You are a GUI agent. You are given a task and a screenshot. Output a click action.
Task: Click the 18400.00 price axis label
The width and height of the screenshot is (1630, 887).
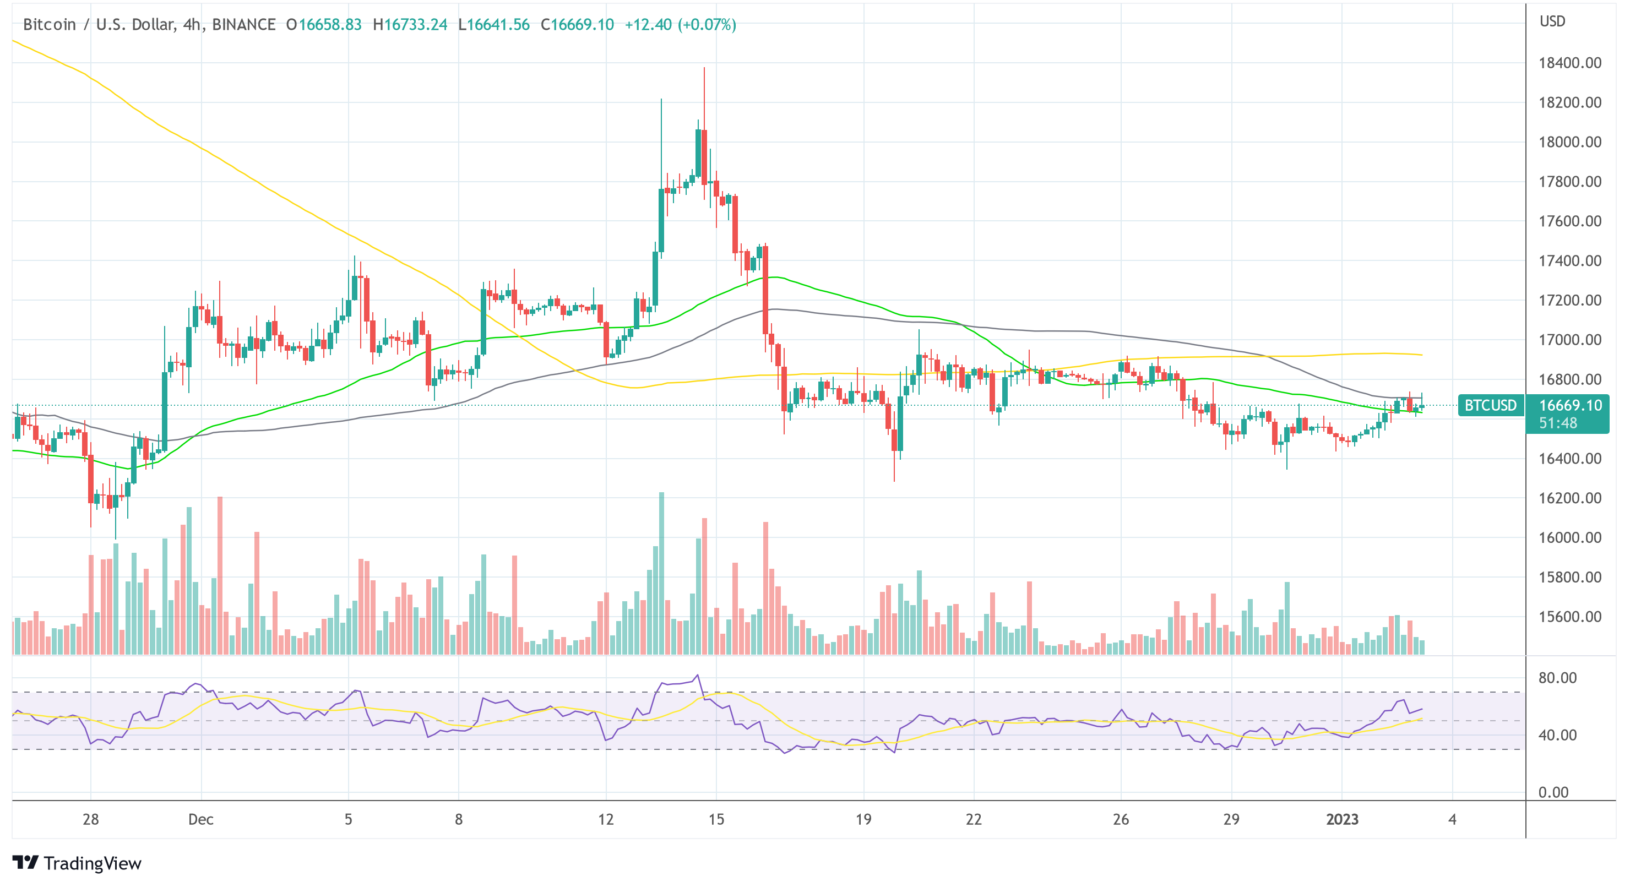[x=1570, y=63]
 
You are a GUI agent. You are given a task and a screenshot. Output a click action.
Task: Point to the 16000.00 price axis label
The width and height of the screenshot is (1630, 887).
[x=1570, y=538]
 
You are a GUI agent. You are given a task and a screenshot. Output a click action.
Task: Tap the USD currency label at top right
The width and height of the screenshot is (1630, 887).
[x=1552, y=21]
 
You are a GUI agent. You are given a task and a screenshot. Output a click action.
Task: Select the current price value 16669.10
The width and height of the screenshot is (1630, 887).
[x=1570, y=405]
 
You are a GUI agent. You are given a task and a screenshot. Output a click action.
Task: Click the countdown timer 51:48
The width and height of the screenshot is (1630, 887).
[x=1557, y=423]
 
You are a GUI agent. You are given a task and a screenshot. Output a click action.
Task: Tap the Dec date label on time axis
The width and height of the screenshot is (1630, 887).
[x=200, y=819]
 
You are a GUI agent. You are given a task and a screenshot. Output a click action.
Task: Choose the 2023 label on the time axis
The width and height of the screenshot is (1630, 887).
[x=1341, y=819]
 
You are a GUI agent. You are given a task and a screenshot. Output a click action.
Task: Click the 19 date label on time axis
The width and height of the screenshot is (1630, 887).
[x=863, y=819]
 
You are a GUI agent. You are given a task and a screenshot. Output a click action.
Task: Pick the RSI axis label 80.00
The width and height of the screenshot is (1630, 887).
[x=1557, y=678]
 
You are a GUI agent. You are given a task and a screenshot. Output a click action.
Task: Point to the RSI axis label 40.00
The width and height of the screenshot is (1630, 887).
[x=1557, y=735]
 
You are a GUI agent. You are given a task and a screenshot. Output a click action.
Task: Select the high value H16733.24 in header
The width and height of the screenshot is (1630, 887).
[x=410, y=25]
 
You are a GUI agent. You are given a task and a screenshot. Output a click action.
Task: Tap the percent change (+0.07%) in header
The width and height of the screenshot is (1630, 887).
[x=707, y=25]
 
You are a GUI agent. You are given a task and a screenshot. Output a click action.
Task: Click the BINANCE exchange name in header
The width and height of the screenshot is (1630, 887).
[x=243, y=25]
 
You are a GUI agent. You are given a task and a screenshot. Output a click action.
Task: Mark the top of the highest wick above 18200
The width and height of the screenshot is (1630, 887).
[x=704, y=68]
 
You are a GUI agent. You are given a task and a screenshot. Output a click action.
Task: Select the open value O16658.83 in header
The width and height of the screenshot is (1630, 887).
[x=324, y=25]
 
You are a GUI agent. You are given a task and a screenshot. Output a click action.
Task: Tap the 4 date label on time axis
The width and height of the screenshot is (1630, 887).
[x=1452, y=819]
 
